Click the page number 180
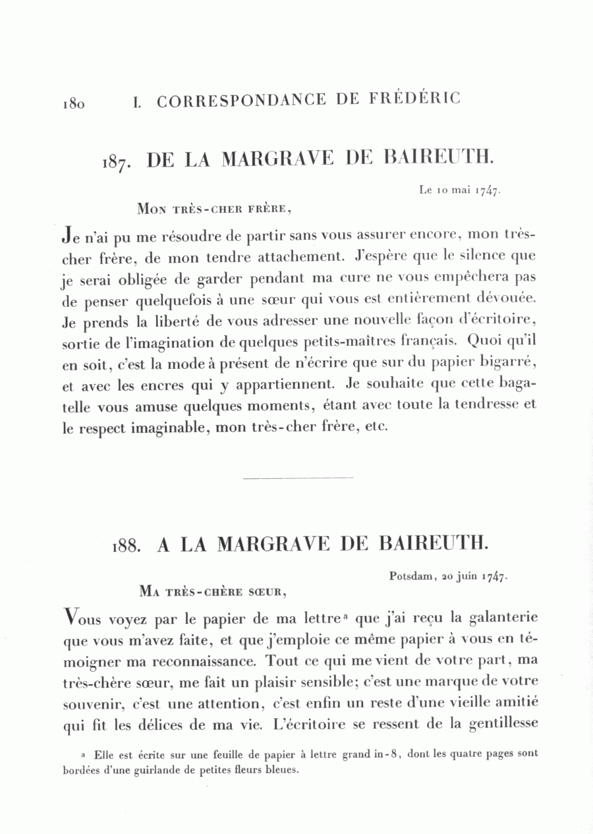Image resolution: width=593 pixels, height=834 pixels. (x=73, y=103)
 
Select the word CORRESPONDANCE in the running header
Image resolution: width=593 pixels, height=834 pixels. (x=241, y=101)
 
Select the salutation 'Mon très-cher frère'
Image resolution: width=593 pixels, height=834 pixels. (x=213, y=209)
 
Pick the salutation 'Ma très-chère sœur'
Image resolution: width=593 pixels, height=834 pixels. (x=213, y=591)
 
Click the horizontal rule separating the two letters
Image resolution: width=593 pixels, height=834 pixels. (x=298, y=478)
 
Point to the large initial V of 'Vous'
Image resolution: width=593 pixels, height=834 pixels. (x=72, y=617)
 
